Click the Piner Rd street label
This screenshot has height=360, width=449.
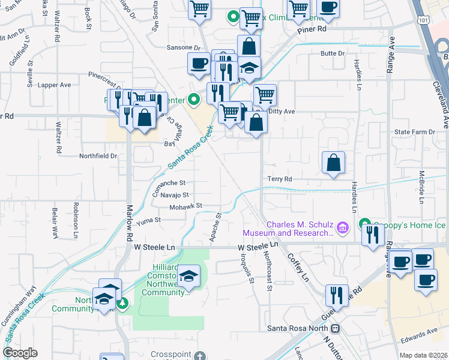pyautogui.click(x=313, y=28)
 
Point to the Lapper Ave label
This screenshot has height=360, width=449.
pyautogui.click(x=55, y=85)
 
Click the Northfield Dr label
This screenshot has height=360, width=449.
pyautogui.click(x=98, y=155)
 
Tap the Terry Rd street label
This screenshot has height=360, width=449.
pyautogui.click(x=280, y=179)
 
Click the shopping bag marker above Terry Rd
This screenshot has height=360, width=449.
pyautogui.click(x=333, y=163)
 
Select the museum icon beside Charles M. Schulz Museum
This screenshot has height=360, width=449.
pyautogui.click(x=343, y=227)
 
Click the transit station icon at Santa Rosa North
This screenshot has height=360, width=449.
pyautogui.click(x=336, y=328)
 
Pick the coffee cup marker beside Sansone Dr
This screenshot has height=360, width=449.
pyautogui.click(x=199, y=64)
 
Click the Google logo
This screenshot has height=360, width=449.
pyautogui.click(x=19, y=353)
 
